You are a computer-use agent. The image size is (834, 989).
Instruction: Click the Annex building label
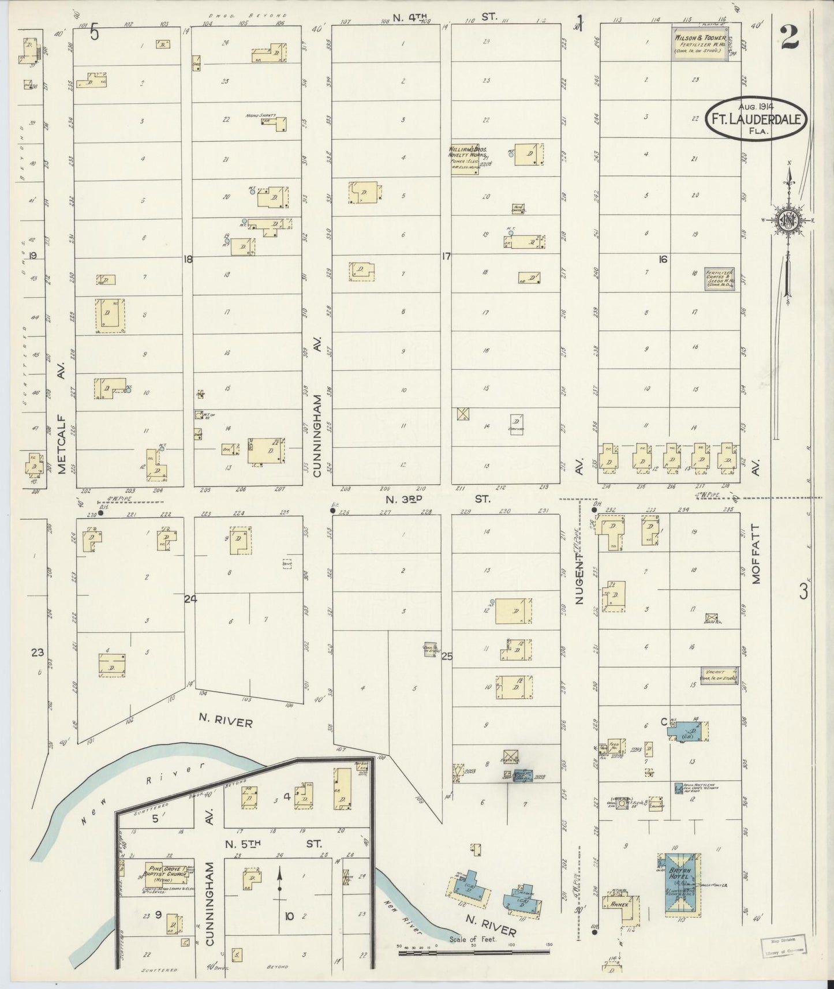point(619,905)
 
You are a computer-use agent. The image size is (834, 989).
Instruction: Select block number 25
point(446,656)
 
